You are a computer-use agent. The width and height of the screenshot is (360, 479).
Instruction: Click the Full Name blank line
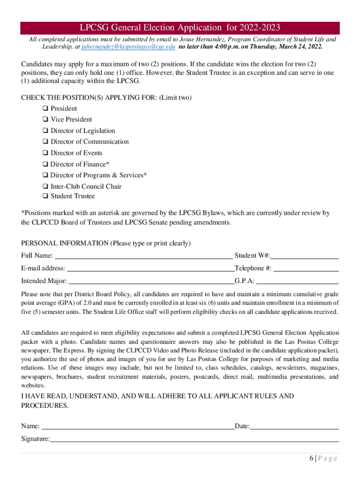(x=144, y=256)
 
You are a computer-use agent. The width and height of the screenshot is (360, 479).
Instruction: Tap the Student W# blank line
(x=304, y=256)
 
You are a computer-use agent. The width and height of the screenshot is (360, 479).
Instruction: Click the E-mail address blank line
(x=150, y=269)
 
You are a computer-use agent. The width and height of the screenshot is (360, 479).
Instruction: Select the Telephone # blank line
(x=306, y=269)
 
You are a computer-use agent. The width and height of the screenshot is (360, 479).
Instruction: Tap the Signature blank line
(x=194, y=439)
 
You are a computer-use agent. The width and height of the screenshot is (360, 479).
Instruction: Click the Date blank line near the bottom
(x=294, y=427)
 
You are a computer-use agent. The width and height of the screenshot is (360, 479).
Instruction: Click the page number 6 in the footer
(x=311, y=459)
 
